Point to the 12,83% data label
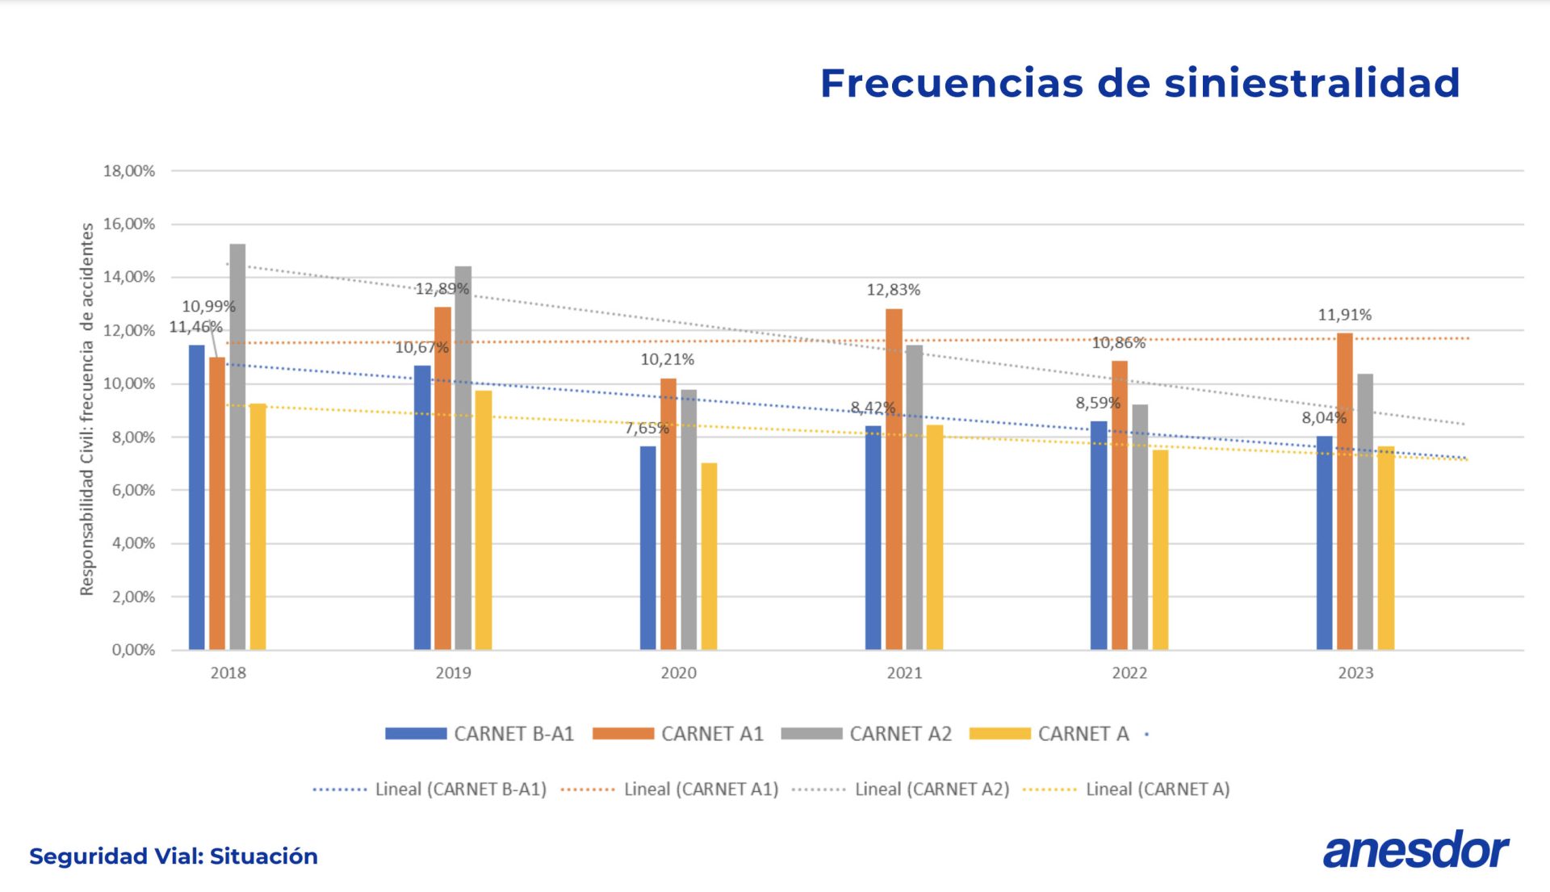893,290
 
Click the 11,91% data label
1344,315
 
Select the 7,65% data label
647,428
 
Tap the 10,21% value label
667,359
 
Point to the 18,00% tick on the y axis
129,171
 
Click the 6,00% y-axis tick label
133,490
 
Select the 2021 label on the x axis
904,672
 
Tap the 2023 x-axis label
1355,672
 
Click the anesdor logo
1415,850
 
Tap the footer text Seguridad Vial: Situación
174,856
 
